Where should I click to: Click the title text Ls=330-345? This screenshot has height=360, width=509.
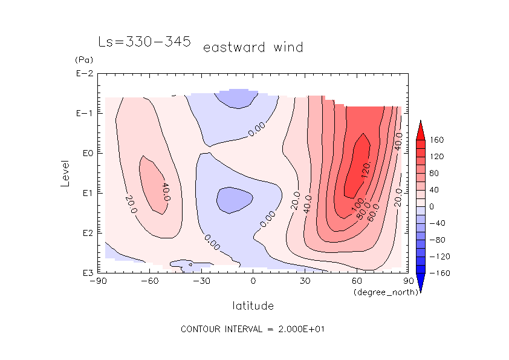[144, 42]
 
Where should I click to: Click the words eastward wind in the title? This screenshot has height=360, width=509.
[253, 47]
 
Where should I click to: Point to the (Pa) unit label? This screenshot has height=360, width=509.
[83, 60]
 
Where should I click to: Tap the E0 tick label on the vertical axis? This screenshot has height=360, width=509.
[85, 154]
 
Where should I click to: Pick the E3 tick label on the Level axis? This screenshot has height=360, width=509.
[85, 273]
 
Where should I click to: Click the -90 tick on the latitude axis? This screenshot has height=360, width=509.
[98, 281]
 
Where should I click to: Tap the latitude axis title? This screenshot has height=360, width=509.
[253, 306]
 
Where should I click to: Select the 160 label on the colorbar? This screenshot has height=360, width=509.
[436, 140]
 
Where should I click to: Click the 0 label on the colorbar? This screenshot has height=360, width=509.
[432, 206]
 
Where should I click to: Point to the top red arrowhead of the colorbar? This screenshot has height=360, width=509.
[420, 129]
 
